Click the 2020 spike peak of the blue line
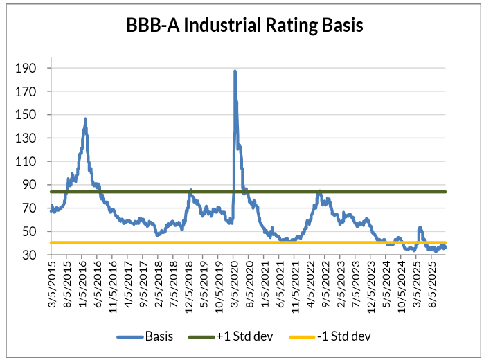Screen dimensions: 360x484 coord(235,71)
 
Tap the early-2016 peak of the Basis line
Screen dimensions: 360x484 coord(85,119)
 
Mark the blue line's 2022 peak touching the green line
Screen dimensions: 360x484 coord(319,191)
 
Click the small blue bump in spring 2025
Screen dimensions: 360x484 coord(420,228)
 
